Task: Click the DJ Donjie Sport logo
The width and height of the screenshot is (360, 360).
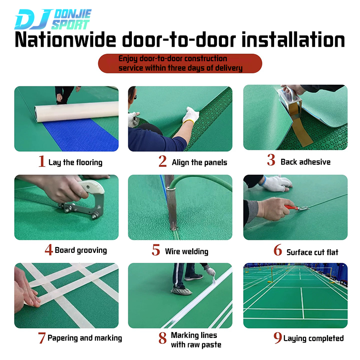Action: point(53,19)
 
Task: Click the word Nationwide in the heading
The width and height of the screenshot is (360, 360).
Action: point(65,40)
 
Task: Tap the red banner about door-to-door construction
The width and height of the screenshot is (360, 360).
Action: point(180,63)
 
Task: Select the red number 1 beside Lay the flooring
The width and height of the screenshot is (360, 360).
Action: point(42,161)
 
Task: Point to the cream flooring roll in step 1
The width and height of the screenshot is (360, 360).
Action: point(76,112)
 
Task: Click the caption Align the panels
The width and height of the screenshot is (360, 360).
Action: point(199,162)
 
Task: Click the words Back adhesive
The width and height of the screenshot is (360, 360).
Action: point(306,162)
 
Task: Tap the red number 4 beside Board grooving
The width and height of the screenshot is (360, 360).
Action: point(49,250)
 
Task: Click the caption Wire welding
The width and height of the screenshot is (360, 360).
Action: point(186,252)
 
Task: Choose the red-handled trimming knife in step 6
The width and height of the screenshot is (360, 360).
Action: point(297,208)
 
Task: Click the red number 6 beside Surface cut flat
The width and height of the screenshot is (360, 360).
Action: point(278,250)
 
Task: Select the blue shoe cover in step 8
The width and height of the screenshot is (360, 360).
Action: point(181,291)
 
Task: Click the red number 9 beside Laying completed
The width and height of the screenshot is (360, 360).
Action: point(278,337)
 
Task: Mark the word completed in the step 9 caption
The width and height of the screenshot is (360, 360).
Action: point(326,338)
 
